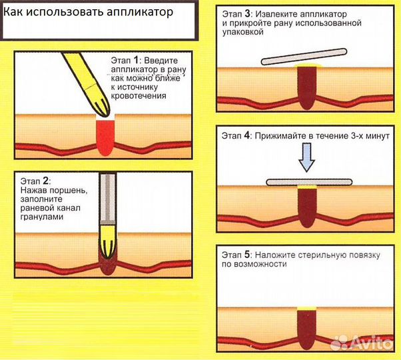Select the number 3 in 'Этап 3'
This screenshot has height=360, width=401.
click(248, 13)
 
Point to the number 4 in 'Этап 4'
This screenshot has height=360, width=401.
click(248, 135)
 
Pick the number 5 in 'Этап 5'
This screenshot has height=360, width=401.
click(248, 254)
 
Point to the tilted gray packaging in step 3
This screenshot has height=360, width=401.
click(305, 56)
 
